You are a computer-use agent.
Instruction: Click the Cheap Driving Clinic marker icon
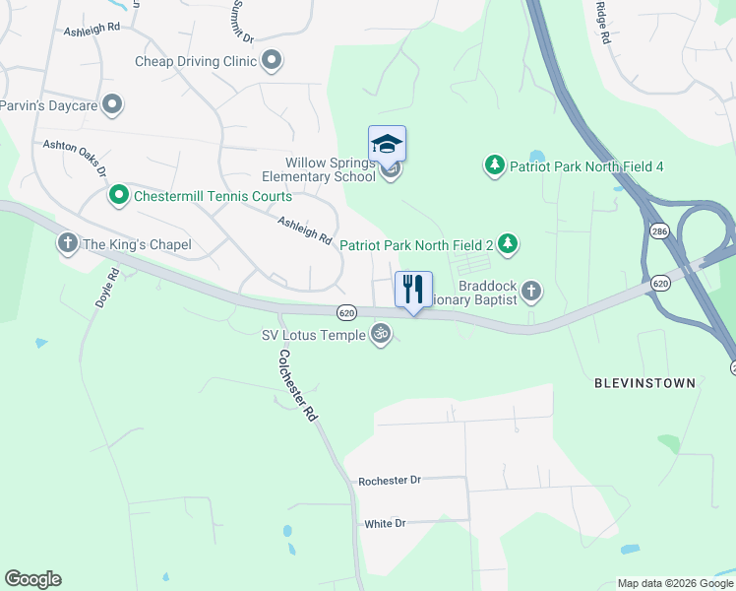pos(273,61)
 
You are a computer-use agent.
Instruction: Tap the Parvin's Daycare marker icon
pos(112,102)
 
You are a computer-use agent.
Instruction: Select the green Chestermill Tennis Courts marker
pos(119,196)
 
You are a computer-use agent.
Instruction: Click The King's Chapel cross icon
pos(68,243)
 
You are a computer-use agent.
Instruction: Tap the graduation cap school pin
pos(387,145)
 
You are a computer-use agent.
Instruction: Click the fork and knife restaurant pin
pos(413,290)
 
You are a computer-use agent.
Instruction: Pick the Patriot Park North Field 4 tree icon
pos(495,165)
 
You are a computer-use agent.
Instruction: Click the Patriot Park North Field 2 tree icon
pos(507,243)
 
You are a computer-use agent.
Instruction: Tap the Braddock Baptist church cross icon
pos(531,290)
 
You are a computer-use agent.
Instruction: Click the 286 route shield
pos(658,230)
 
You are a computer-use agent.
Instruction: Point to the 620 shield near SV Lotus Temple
pos(345,312)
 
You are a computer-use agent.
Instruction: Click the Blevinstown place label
pos(644,382)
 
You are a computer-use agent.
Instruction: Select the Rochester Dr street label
pos(390,480)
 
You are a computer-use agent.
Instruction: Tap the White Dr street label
pos(385,523)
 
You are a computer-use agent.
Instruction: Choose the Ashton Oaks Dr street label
pos(74,157)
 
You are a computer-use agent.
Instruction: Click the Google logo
pos(32,579)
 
